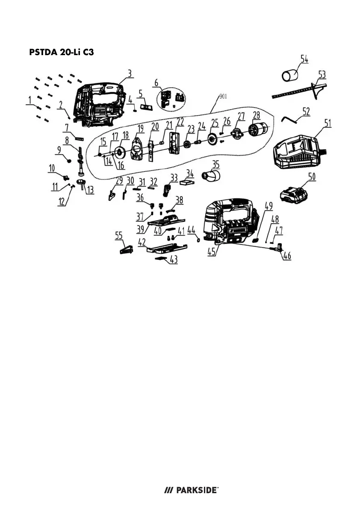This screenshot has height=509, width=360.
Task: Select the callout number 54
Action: pyautogui.click(x=304, y=59)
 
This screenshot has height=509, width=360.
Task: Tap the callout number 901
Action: pyautogui.click(x=222, y=97)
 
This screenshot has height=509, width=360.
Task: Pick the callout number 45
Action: pyautogui.click(x=211, y=252)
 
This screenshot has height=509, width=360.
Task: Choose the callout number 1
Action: pyautogui.click(x=30, y=101)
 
